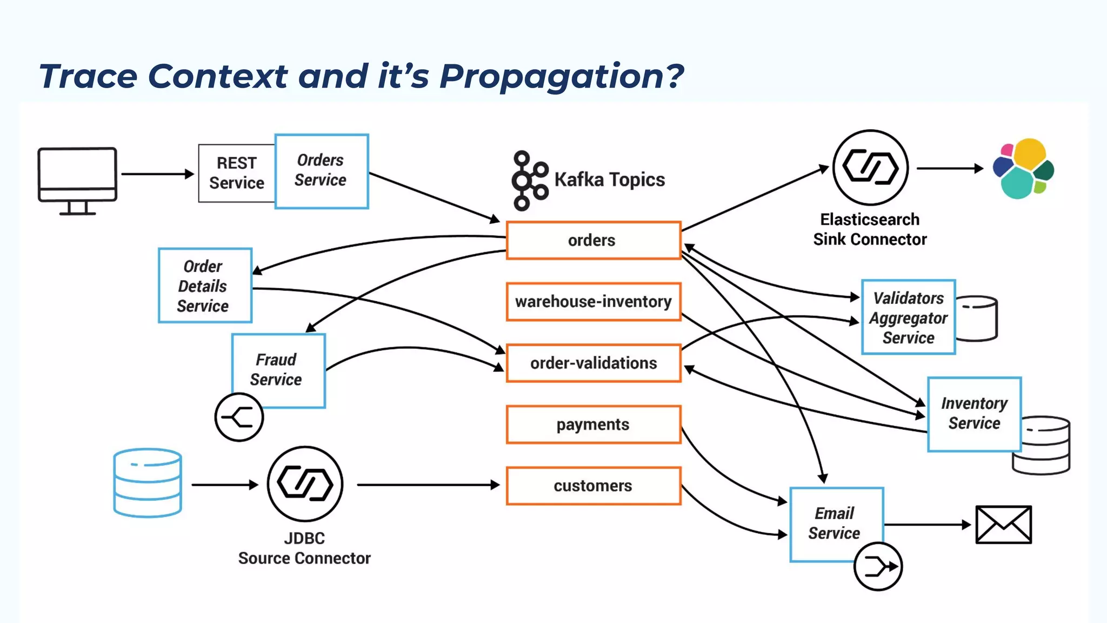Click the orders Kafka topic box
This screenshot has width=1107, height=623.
(593, 240)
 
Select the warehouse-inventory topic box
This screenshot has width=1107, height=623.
(593, 302)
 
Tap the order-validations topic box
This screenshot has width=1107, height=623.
(593, 363)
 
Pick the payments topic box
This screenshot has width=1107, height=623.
(593, 425)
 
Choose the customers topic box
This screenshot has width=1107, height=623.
(593, 486)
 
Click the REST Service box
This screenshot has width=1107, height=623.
(237, 173)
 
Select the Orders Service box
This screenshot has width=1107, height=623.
(321, 171)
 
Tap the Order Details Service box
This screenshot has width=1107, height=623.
(205, 286)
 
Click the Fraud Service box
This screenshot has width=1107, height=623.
(278, 370)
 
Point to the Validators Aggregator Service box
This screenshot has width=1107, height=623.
(908, 317)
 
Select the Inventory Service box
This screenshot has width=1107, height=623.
(974, 414)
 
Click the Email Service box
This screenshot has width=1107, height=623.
(836, 523)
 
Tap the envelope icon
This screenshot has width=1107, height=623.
(1003, 525)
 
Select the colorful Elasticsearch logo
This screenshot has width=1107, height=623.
(1023, 169)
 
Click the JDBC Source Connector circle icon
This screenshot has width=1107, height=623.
(305, 483)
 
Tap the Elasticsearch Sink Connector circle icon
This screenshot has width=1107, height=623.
(870, 168)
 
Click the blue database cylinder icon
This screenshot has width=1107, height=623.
(148, 483)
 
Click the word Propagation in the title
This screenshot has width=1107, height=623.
(561, 76)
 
